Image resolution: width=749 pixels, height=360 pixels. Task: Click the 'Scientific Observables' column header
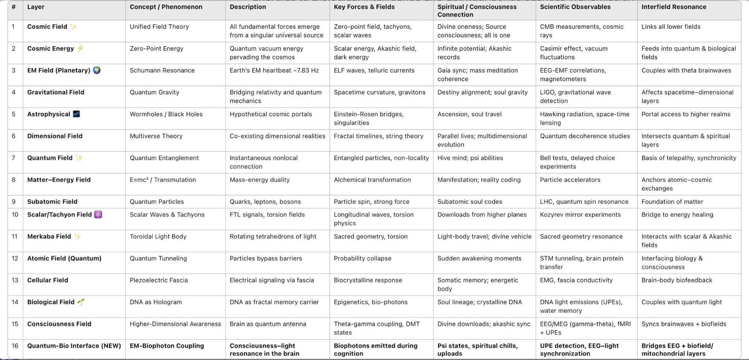(x=575, y=7)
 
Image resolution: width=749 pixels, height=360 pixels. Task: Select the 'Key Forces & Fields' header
(x=364, y=7)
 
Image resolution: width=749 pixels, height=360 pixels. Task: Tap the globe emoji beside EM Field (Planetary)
(x=97, y=70)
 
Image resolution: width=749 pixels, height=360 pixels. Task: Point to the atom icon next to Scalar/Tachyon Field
(x=98, y=214)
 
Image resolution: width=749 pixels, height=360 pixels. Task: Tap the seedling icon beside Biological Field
(x=81, y=302)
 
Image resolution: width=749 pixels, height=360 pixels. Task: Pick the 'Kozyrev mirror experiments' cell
(x=580, y=214)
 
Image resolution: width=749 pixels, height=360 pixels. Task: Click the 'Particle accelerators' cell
(x=570, y=180)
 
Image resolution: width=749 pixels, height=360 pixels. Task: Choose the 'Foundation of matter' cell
(x=672, y=202)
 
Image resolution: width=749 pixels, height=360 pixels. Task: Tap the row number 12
(x=15, y=258)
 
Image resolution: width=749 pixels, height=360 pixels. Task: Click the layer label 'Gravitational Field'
(x=56, y=92)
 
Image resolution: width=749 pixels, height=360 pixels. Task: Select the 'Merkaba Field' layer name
(x=49, y=236)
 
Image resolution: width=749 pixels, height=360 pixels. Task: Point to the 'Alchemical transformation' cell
(x=372, y=180)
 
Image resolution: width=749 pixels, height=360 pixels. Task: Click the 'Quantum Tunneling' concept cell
(x=158, y=258)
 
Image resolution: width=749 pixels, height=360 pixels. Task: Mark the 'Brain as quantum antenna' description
(x=268, y=324)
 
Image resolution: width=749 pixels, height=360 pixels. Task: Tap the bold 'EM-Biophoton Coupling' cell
(x=167, y=346)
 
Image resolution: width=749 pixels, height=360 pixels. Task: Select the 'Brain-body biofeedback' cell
(x=677, y=280)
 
